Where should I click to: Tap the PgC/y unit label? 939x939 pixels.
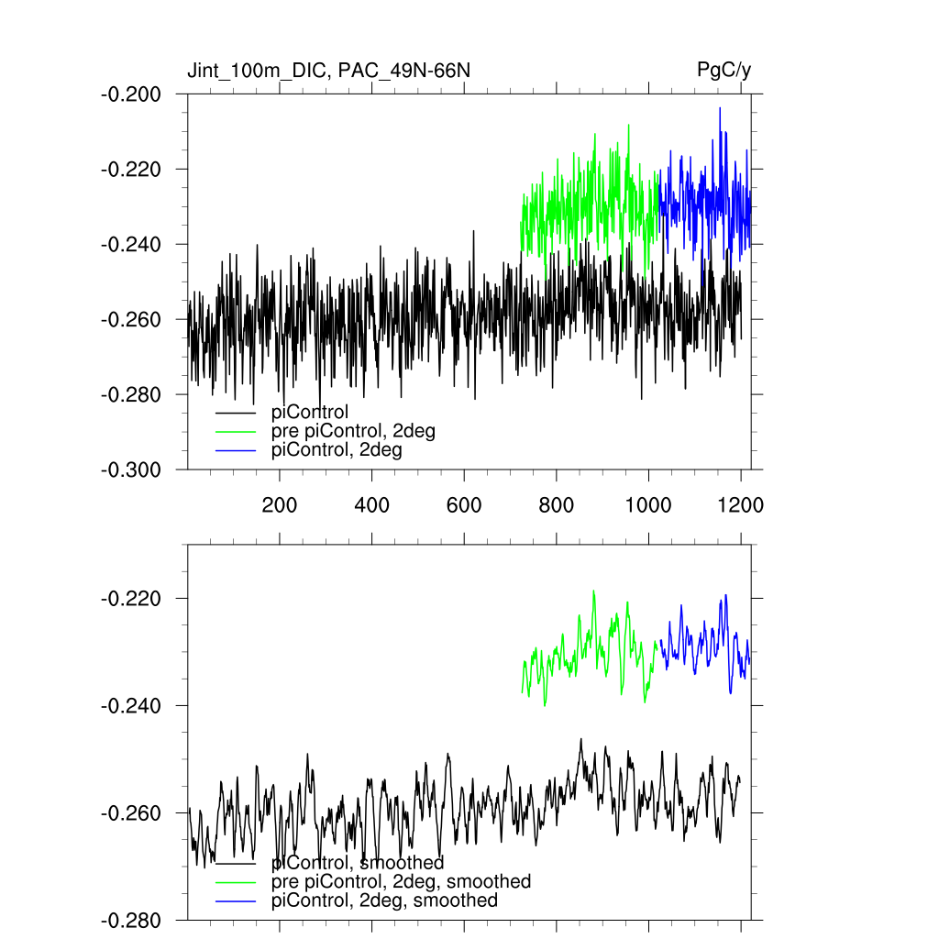[724, 70]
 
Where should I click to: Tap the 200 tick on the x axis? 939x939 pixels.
[280, 504]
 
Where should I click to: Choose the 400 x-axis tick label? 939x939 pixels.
[371, 504]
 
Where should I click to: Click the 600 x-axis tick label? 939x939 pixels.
[464, 504]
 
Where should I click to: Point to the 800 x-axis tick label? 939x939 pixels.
[557, 504]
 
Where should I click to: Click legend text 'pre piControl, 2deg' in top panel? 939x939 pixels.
[353, 431]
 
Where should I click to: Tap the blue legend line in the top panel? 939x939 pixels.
[235, 450]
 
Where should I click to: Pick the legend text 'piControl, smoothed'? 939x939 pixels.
[358, 863]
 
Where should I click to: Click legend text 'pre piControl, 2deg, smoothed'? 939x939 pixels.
[402, 881]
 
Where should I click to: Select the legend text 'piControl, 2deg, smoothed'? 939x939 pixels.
[385, 900]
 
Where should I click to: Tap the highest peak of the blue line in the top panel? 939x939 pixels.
[720, 108]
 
